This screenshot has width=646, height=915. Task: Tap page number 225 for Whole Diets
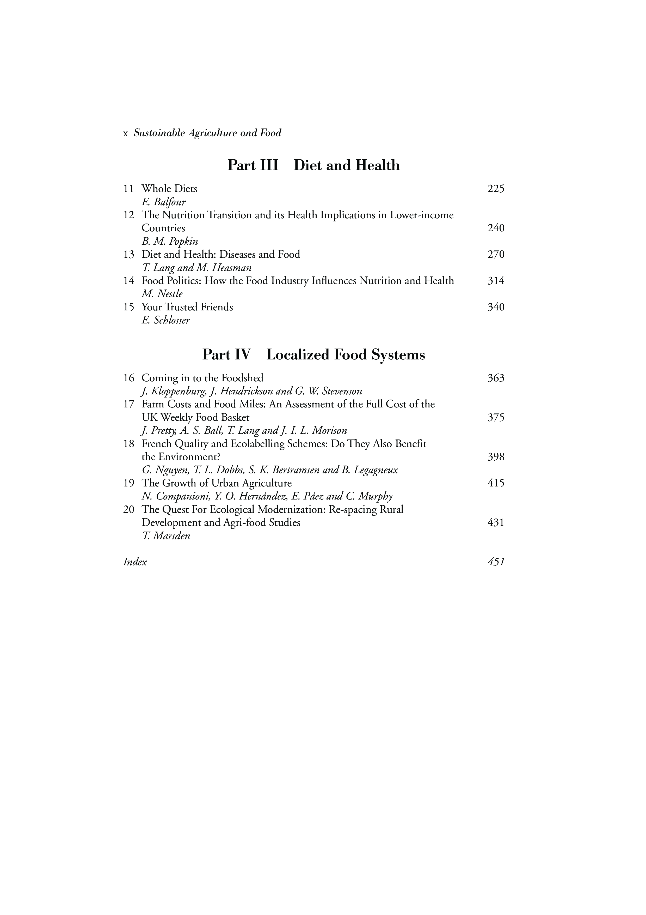(496, 189)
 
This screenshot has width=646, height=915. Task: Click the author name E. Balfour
(164, 202)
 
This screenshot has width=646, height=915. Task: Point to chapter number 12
(128, 215)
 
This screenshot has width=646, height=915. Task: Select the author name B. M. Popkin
(170, 242)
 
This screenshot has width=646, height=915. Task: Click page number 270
(496, 255)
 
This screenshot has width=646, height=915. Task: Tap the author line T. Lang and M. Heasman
(197, 268)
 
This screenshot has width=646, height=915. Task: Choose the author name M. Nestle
(162, 294)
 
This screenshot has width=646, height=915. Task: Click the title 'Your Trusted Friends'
(187, 307)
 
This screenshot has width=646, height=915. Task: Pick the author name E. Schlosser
(165, 320)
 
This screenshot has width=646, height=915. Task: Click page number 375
(496, 418)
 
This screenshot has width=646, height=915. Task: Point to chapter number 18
(128, 444)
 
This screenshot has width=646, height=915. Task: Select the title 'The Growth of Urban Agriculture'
(217, 483)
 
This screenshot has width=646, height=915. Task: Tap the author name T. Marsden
(165, 536)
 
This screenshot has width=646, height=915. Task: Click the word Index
(135, 562)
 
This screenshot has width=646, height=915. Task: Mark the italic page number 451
(496, 562)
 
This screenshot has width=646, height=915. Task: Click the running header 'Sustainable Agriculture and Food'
(207, 133)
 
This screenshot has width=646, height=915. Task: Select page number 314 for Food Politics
(496, 281)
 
